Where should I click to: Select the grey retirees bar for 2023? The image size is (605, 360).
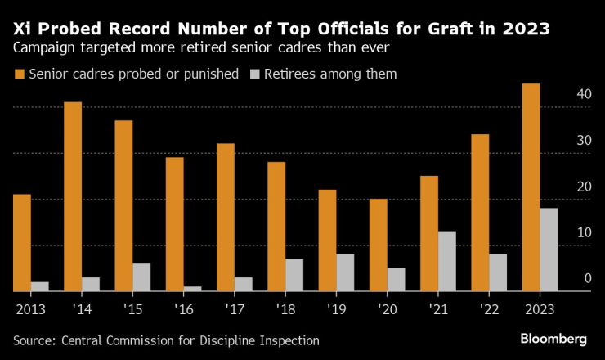tap(549, 250)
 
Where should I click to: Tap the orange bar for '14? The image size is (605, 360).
tap(73, 196)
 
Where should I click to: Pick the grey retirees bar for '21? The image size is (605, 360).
tap(446, 261)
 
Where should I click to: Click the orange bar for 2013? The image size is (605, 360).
tap(22, 242)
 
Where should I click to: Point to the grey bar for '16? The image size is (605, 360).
tap(192, 288)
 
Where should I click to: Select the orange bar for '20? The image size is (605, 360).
tap(378, 245)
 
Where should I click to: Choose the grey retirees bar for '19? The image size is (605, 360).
tap(345, 272)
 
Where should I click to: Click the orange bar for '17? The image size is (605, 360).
tap(226, 217)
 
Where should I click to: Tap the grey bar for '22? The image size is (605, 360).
tap(498, 272)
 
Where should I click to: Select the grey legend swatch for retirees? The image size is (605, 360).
tap(254, 74)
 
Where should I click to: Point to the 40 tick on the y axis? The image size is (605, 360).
tap(582, 94)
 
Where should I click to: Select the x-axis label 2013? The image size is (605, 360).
tap(29, 309)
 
